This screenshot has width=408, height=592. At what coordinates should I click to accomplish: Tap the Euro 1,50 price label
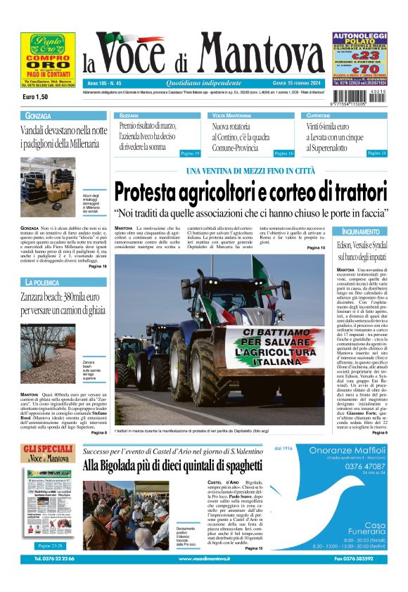pyautogui.click(x=35, y=96)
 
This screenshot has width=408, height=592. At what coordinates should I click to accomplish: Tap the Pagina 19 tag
pyautogui.click(x=190, y=153)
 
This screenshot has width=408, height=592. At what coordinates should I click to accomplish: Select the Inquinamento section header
pyautogui.click(x=362, y=231)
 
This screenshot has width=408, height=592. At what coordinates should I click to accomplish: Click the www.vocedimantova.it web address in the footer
pyautogui.click(x=204, y=578)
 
